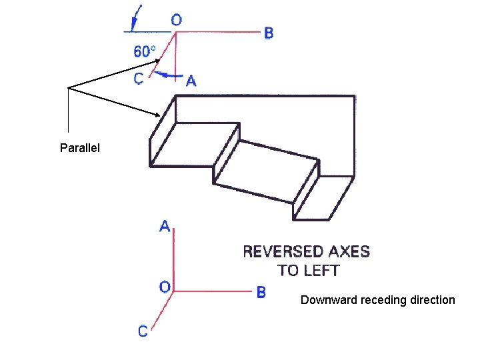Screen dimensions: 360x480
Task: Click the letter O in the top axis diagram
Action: coord(176,20)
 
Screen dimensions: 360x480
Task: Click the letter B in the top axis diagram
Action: coord(268,33)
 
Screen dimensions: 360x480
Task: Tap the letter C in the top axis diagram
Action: coord(139,79)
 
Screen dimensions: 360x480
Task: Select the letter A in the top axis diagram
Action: coord(191,81)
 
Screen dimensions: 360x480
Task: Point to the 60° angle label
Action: coord(145,51)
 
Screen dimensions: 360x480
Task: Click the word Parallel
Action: coord(80,147)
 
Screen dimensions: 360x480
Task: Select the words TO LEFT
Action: coord(309,271)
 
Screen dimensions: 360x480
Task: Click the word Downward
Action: coord(329,300)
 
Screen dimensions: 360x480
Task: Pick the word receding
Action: coord(382,300)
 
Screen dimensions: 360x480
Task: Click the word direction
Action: coord(431,300)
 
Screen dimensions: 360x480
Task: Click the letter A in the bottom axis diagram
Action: coord(165,227)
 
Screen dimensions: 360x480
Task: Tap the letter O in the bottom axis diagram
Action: coord(165,287)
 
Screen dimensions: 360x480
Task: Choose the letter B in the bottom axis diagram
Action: coord(261,292)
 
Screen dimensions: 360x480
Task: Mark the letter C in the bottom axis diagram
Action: coord(143,331)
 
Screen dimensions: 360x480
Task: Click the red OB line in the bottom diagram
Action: coord(213,291)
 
